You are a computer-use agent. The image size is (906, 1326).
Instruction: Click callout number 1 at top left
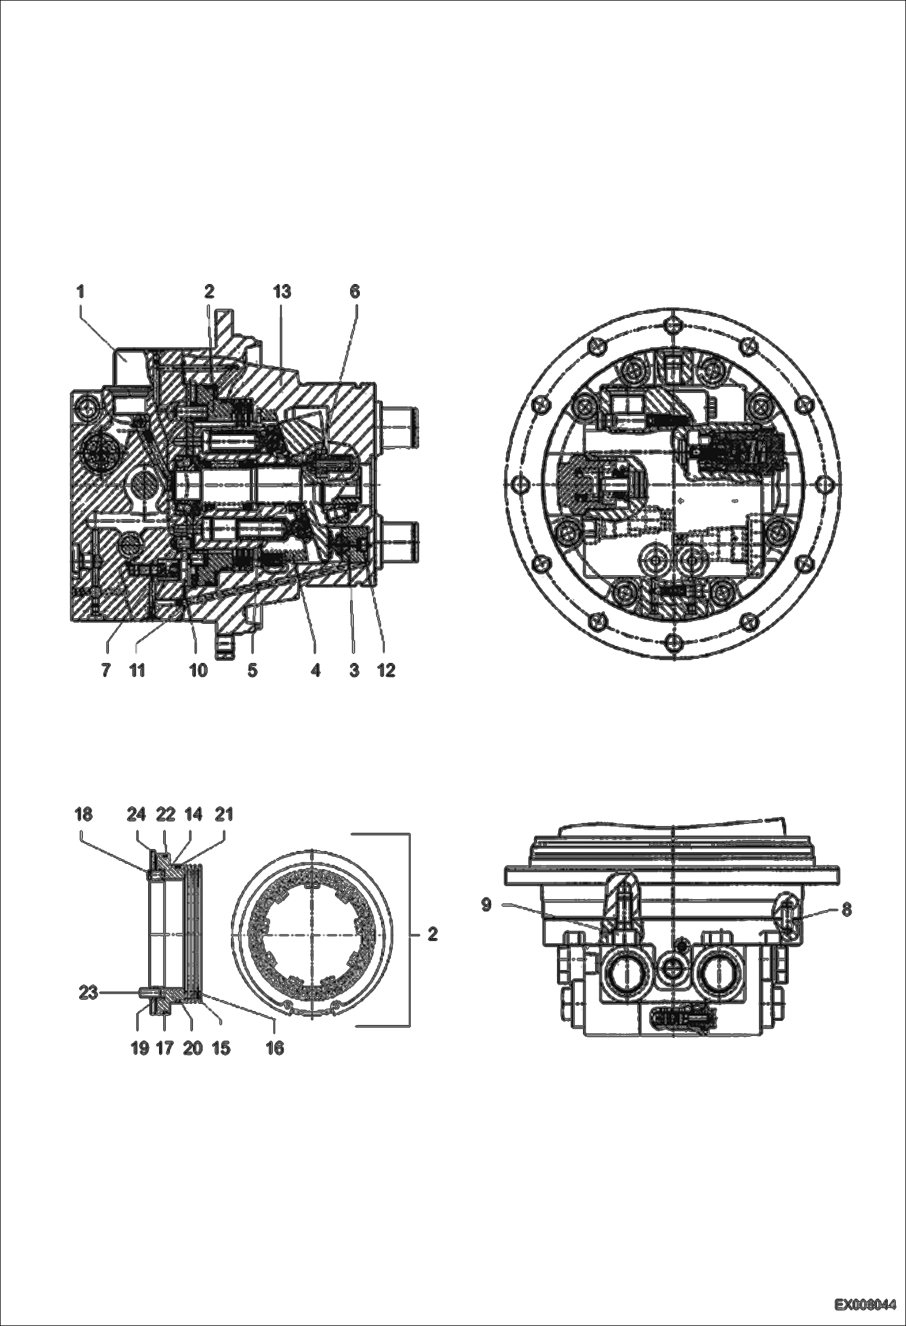point(80,292)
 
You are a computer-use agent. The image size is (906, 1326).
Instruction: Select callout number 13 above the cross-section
point(282,292)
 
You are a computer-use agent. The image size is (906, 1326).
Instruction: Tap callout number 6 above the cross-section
point(355,292)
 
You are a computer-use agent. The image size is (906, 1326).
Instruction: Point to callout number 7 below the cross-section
point(106,670)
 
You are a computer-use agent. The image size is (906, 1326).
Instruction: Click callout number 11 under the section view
point(137,670)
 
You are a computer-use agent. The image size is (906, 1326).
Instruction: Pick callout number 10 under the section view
point(198,670)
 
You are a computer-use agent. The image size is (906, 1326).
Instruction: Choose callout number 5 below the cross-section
point(253,670)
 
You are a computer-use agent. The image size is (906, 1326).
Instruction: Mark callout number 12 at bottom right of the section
point(386,670)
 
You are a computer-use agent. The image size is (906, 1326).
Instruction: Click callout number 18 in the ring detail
point(83,815)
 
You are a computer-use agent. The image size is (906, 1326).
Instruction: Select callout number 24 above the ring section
point(137,815)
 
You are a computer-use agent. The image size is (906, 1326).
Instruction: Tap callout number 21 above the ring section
point(224,815)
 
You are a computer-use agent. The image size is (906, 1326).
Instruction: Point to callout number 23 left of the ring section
point(88,992)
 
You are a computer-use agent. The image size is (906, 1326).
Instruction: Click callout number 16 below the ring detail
point(275,1048)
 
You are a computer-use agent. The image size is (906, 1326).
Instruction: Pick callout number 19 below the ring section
point(140,1048)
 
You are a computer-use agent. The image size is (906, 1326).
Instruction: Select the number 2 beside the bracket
point(432,934)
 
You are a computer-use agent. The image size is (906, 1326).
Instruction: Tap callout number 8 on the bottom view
point(847,910)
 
